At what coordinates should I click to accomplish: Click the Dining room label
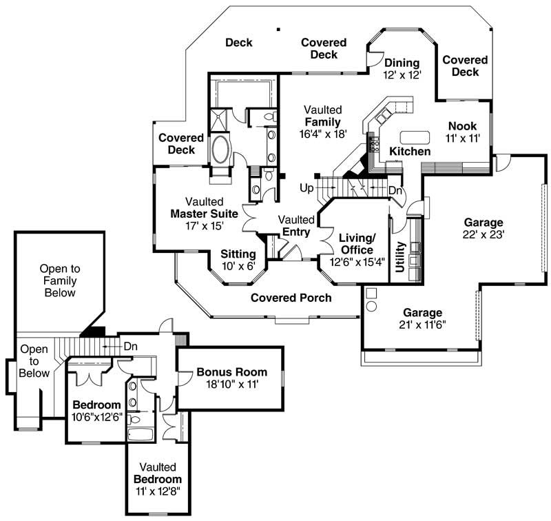tap(402, 63)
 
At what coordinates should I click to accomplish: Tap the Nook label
tap(462, 126)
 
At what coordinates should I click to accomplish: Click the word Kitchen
tap(410, 151)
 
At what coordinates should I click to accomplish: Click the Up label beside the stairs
tap(306, 187)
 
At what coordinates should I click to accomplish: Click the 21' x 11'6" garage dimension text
tap(423, 324)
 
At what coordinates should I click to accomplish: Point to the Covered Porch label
tap(291, 298)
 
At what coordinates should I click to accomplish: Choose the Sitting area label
tap(238, 254)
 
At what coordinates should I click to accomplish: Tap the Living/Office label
tap(356, 244)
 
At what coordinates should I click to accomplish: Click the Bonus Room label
tap(228, 372)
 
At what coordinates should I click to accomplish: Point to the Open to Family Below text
tap(58, 280)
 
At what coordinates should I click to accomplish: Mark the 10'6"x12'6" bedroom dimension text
tap(97, 416)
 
